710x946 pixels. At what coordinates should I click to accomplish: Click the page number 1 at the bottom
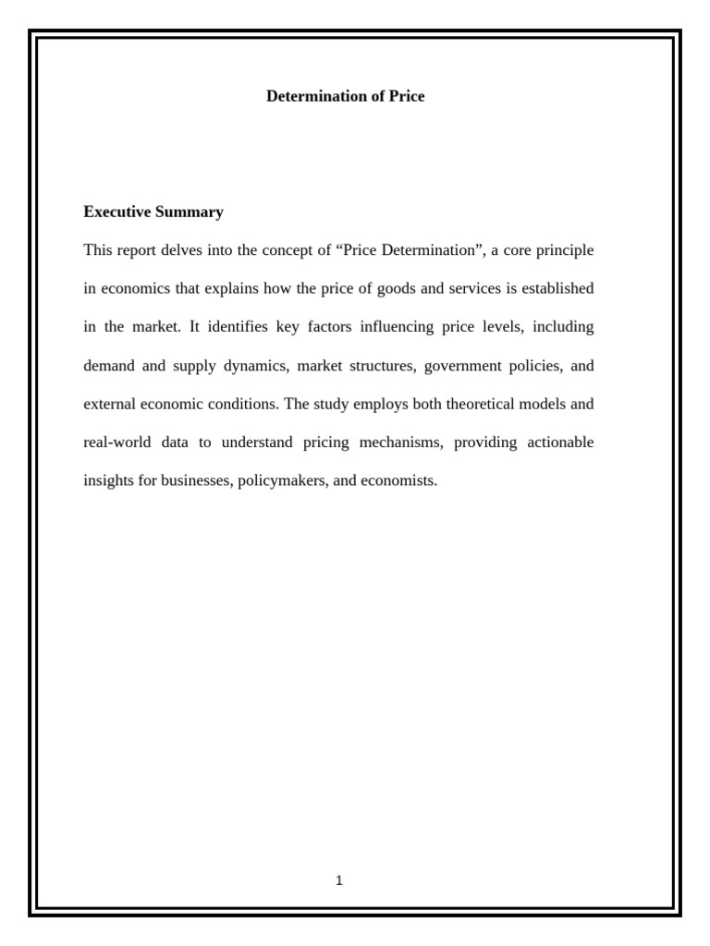click(x=339, y=880)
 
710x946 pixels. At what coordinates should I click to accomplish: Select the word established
click(x=557, y=289)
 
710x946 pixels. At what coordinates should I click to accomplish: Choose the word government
click(x=463, y=366)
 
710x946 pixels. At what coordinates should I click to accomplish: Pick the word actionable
click(x=560, y=443)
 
